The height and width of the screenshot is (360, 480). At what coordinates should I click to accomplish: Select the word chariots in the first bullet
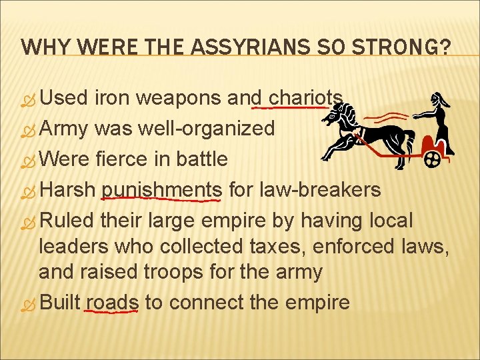pos(305,98)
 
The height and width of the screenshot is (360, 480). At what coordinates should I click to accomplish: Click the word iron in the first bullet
pos(113,98)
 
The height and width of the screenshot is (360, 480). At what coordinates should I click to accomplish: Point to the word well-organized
pos(206,128)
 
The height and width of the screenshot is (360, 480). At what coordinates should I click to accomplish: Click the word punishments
pos(161,189)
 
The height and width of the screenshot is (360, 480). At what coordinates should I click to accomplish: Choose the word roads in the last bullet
pos(112,302)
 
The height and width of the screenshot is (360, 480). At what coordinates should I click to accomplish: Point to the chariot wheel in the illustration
pos(433,160)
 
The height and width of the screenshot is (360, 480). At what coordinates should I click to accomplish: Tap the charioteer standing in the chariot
pos(441,120)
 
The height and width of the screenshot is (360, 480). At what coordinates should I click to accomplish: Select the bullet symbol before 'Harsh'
pos(29,191)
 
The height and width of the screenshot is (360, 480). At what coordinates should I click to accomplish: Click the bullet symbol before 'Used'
pos(29,99)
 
